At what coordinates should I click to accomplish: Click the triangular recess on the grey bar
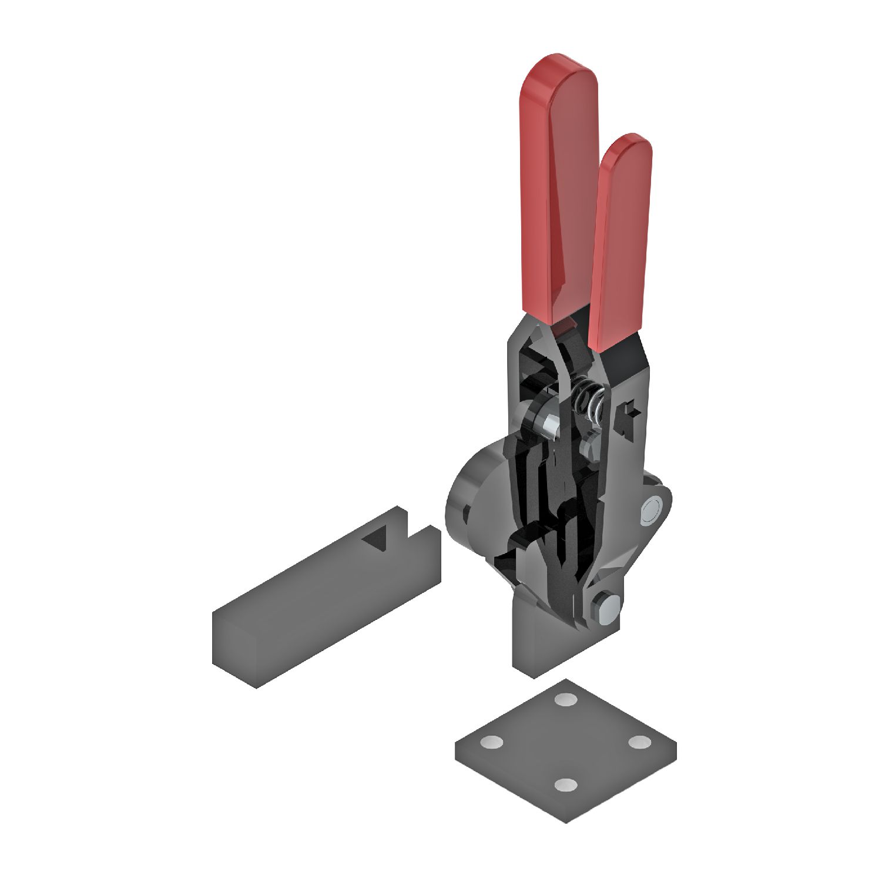coord(375,541)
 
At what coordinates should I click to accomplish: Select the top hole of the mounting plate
coord(566,699)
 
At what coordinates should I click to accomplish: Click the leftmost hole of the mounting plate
coord(491,742)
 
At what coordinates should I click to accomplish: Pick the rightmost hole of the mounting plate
coord(640,742)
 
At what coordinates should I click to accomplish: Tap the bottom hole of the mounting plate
coord(566,785)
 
